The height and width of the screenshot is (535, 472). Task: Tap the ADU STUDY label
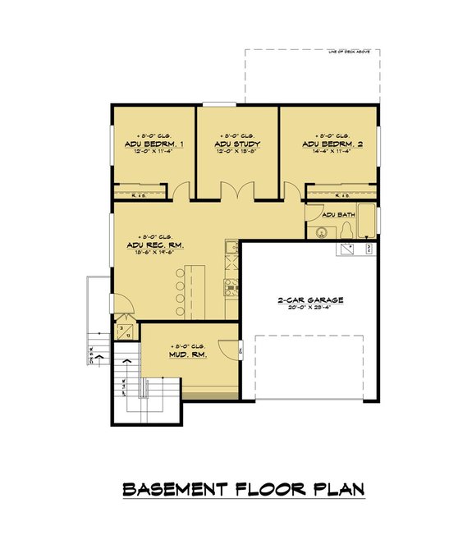237,144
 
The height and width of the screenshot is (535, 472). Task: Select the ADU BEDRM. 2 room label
330,144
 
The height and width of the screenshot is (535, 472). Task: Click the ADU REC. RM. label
154,245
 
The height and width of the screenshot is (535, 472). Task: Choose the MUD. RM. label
187,354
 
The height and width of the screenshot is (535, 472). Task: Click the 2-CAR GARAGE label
309,300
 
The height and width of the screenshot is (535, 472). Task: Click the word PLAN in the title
336,490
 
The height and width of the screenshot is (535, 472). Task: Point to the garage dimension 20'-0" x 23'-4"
309,309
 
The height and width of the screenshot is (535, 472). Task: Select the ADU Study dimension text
237,152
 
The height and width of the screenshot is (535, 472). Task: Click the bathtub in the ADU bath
369,222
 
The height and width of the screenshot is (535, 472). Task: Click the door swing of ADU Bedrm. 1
181,192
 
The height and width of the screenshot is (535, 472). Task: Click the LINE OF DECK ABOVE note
350,52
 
